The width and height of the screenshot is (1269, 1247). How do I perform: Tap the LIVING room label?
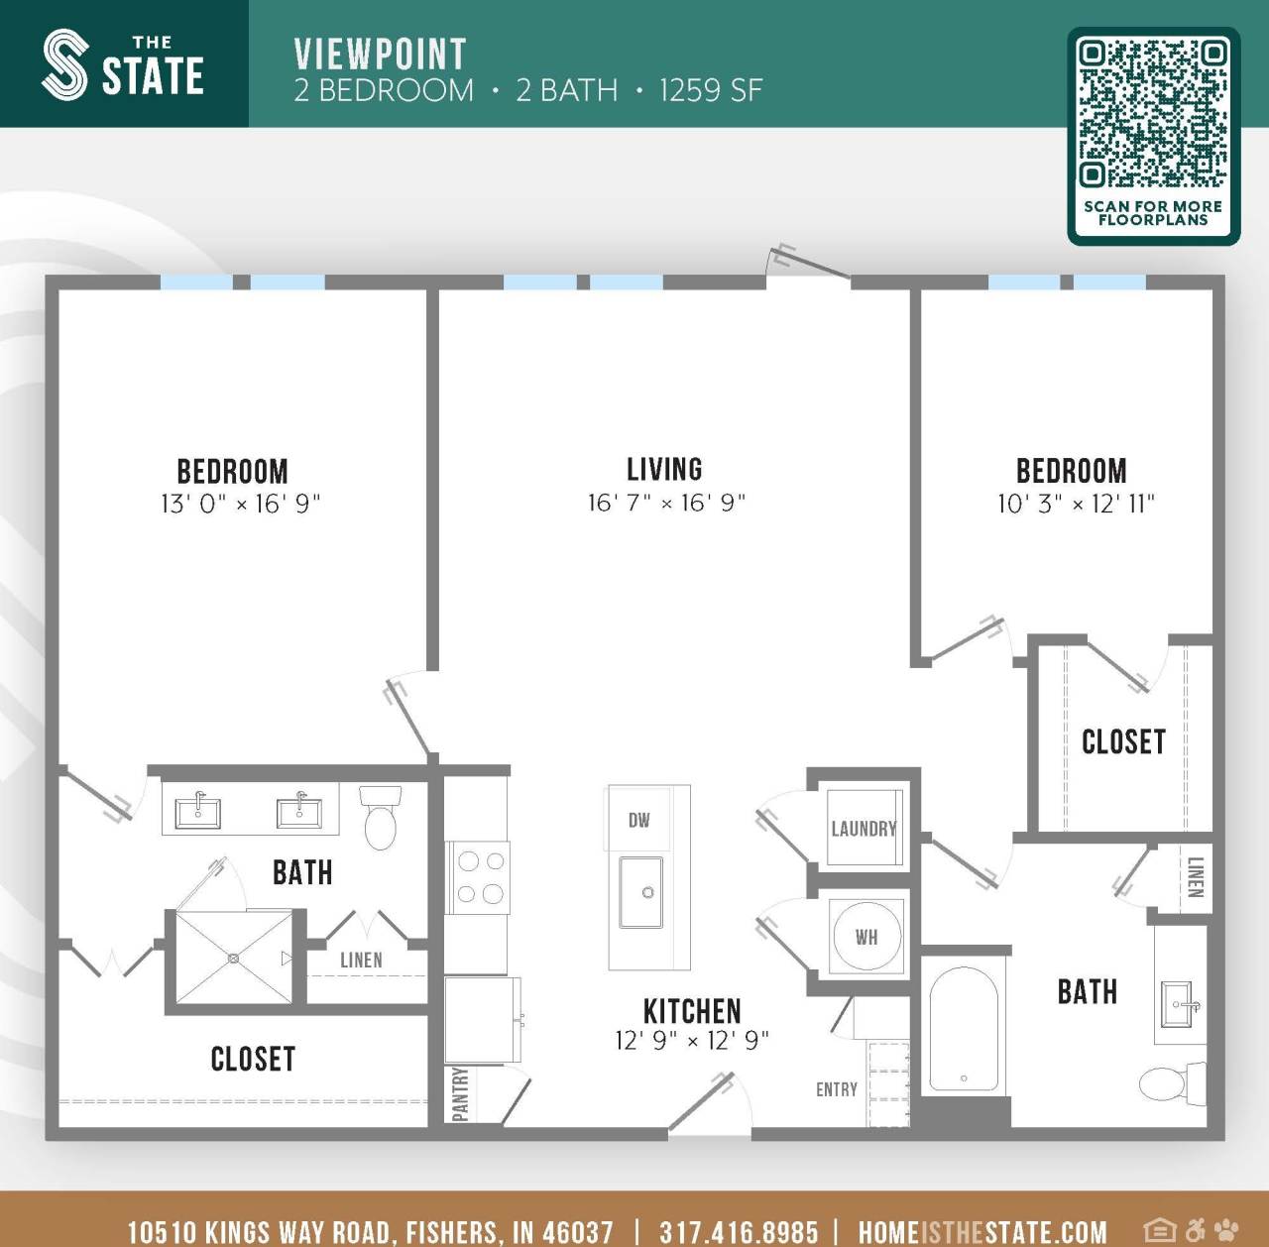tap(664, 469)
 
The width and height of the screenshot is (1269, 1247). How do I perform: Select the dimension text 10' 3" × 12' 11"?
tap(1076, 504)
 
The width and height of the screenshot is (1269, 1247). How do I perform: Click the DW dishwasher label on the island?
tap(638, 820)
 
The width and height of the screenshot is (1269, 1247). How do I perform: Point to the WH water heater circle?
tap(866, 937)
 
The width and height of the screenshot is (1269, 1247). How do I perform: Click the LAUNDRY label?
tap(864, 829)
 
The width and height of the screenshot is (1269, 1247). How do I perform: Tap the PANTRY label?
tap(459, 1094)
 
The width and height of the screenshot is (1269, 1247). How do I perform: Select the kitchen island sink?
tap(641, 892)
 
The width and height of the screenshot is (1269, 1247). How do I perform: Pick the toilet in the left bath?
tap(380, 816)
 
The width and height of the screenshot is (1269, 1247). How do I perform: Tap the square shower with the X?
tap(234, 959)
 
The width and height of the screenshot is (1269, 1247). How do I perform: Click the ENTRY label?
tap(836, 1089)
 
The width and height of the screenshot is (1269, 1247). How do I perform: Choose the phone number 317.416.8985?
tap(739, 1231)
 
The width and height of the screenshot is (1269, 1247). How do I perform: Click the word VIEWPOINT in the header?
tap(380, 55)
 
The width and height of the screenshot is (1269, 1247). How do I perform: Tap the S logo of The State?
tap(65, 65)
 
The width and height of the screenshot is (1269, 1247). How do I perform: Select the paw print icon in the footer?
tap(1226, 1230)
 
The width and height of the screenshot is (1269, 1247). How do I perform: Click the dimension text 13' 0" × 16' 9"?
tap(240, 504)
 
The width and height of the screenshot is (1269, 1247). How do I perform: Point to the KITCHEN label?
tap(692, 1011)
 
